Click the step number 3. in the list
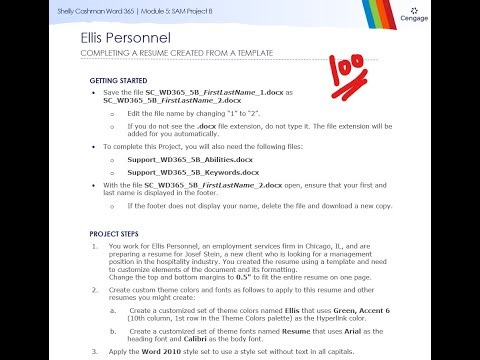click(94, 351)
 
